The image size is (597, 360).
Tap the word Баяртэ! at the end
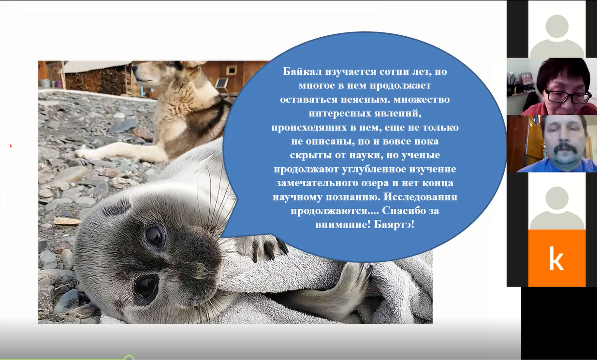tap(394, 224)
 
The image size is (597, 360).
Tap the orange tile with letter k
tap(557, 258)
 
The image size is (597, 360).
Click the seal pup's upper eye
tap(155, 235)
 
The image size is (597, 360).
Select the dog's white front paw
tap(88, 153)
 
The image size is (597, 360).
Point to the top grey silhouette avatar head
tap(557, 26)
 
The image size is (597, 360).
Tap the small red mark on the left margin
tap(11, 146)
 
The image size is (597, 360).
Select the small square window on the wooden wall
tap(232, 71)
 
